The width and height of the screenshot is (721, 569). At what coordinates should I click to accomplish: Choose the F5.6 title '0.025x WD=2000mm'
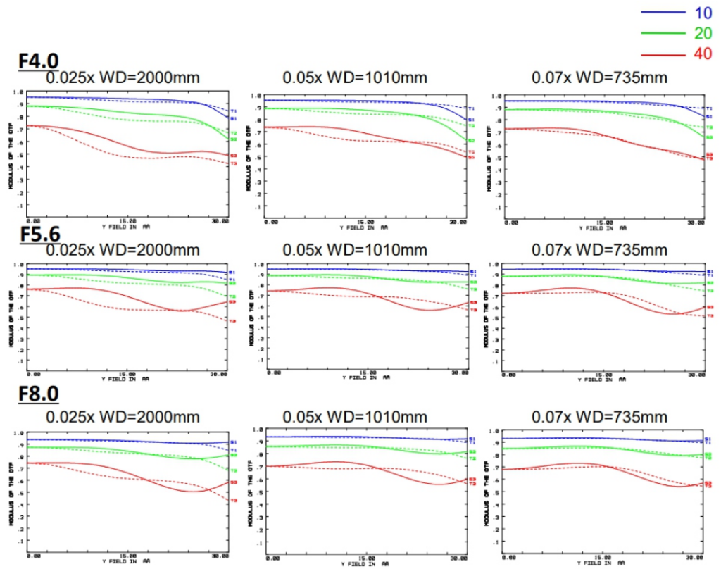[x=123, y=249]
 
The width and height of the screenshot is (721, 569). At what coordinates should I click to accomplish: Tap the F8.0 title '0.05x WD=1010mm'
[x=355, y=416]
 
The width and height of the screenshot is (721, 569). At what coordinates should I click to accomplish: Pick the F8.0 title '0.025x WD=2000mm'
[x=123, y=416]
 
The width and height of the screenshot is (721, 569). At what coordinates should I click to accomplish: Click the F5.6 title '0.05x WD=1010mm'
[x=355, y=249]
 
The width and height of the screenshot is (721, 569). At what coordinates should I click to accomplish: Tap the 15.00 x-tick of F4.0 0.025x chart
[x=127, y=221]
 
